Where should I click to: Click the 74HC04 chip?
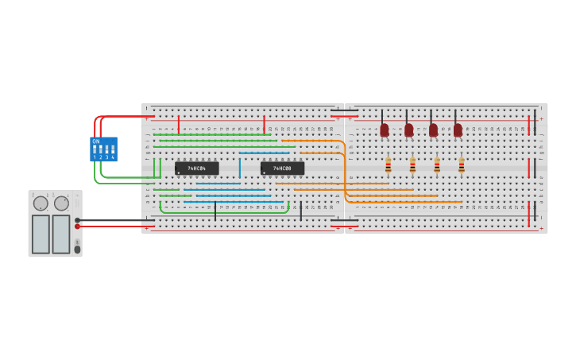click(x=196, y=168)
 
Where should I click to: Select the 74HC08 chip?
click(x=282, y=168)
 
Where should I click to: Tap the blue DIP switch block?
click(x=103, y=149)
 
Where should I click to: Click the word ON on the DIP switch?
click(x=96, y=141)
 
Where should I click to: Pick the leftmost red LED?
click(x=385, y=130)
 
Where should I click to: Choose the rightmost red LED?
click(x=458, y=130)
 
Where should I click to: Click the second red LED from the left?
click(x=409, y=130)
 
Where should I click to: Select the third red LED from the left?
click(x=433, y=130)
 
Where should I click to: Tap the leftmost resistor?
click(x=388, y=165)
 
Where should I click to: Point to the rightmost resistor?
click(x=461, y=165)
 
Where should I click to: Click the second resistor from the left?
click(x=412, y=165)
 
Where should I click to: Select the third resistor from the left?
click(x=437, y=165)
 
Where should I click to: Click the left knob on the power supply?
click(x=41, y=203)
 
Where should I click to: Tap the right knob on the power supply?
click(x=61, y=203)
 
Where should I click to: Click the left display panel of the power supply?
click(x=41, y=234)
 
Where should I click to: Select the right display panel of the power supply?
click(x=61, y=234)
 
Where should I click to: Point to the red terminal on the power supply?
click(x=77, y=226)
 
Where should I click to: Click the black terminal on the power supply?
click(x=77, y=220)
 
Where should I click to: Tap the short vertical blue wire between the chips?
click(x=239, y=168)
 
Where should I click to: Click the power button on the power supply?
click(x=77, y=250)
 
